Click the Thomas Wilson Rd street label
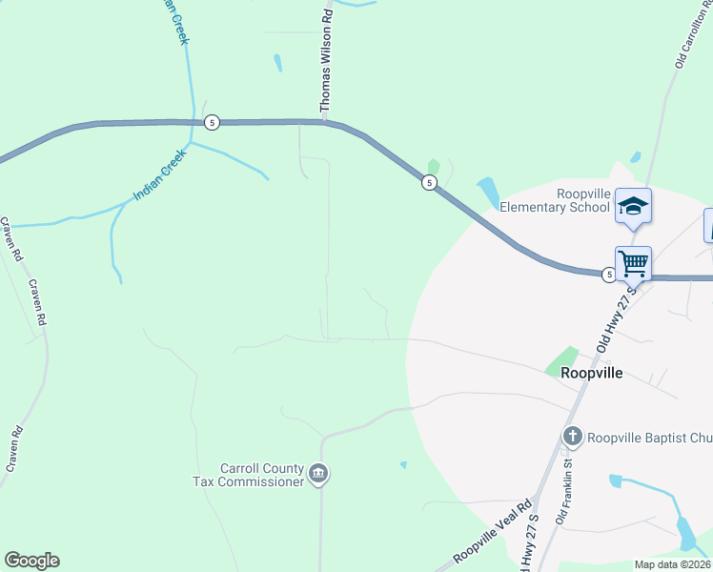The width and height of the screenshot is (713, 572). click(326, 60)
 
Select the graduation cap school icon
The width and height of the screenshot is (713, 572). click(633, 206)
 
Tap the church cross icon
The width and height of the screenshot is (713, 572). click(572, 437)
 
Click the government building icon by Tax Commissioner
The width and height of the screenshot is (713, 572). click(319, 473)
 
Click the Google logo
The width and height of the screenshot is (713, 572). click(31, 561)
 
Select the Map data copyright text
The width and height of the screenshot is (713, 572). click(672, 564)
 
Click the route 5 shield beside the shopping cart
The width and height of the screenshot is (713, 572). click(609, 276)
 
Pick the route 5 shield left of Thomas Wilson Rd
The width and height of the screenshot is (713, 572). click(212, 122)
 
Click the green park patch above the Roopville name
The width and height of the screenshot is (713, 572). click(561, 360)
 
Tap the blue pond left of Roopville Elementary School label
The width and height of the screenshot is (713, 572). click(487, 192)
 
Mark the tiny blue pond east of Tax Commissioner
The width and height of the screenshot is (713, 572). click(403, 465)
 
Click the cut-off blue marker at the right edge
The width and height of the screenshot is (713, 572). click(708, 225)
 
